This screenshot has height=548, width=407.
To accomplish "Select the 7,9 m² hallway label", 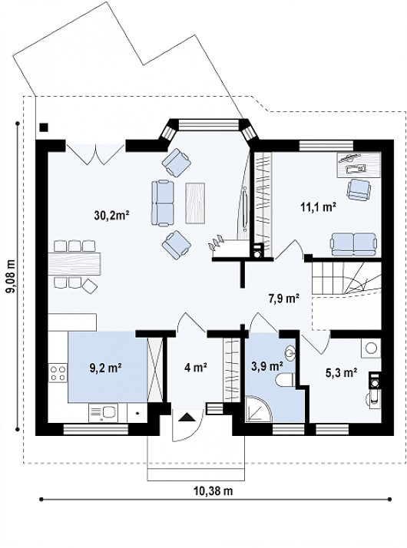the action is coord(283,299).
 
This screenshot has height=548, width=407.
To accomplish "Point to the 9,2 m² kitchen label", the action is coord(105,368).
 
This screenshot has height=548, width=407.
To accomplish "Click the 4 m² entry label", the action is coord(196,368).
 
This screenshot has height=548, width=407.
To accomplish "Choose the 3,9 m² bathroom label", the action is coord(266,366).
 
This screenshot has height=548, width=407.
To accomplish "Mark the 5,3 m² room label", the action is coord(341,373).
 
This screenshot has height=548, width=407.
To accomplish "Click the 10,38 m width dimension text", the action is coord(213,490).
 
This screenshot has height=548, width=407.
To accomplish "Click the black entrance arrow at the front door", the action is coord(187,418).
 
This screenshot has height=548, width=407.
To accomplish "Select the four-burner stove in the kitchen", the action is coord(58,372).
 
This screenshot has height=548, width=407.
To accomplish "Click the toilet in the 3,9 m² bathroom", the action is coord(285,381).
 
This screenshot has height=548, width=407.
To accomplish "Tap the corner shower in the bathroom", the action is coord(258,409).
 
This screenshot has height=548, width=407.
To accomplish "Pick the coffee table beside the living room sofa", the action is coord(195,203).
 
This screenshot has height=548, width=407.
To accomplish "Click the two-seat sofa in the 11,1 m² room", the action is coord(354,244).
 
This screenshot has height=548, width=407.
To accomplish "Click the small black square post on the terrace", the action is coord(43,127).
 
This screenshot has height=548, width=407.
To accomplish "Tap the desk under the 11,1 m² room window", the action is coord(359,165).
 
